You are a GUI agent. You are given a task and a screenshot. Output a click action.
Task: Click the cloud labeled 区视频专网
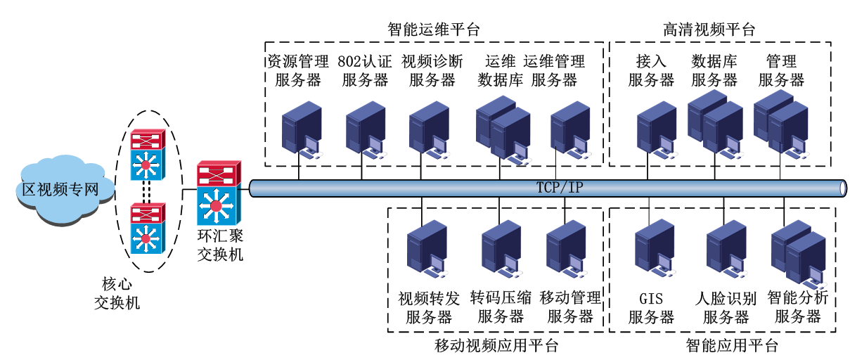coord(58,188)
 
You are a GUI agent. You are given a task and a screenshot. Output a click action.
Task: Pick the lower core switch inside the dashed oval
coord(147,228)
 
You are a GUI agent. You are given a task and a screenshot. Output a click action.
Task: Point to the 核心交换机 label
coord(117,293)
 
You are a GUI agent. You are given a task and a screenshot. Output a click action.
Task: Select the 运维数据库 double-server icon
coord(502,130)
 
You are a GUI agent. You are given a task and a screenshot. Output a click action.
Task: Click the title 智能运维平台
coord(433,30)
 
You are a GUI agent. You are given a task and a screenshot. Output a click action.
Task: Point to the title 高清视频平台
coord(709,30)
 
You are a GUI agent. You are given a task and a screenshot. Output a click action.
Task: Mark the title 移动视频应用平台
coord(496,346)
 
